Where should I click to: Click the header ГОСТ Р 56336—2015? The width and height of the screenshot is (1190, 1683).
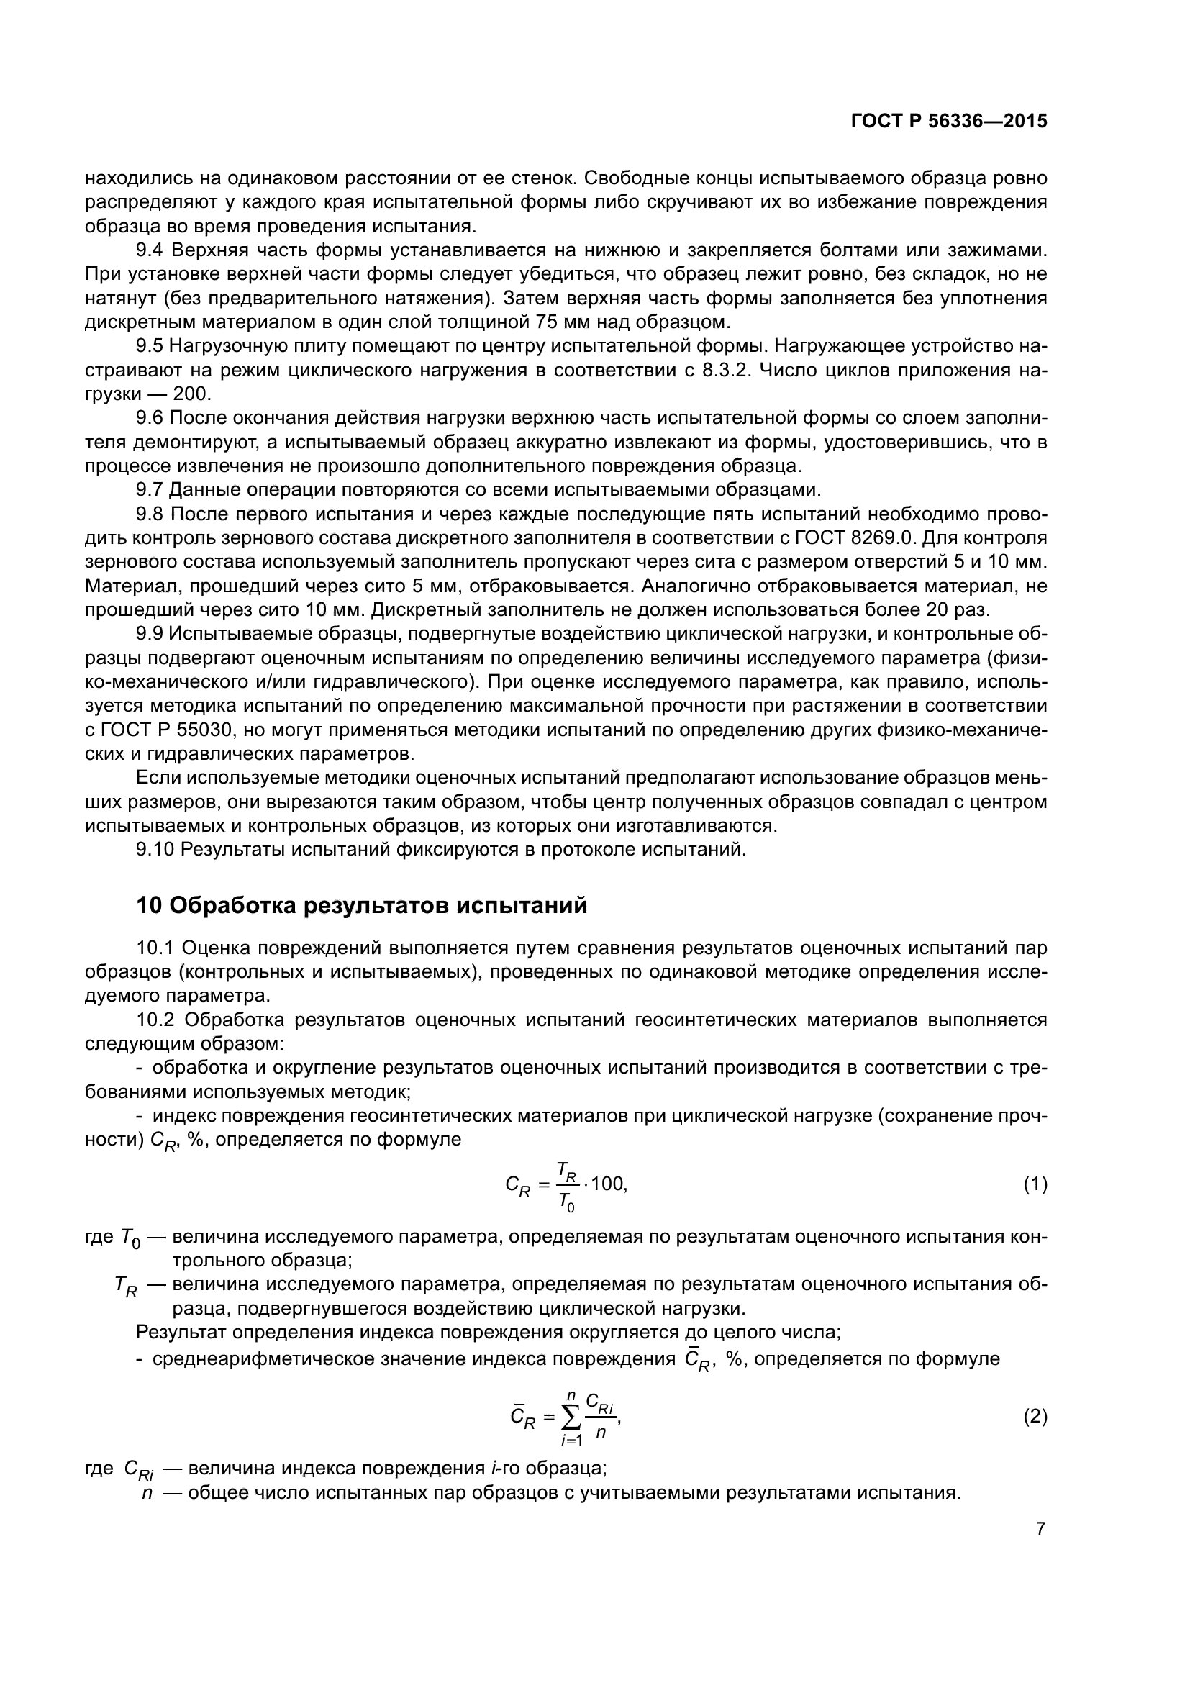point(949,122)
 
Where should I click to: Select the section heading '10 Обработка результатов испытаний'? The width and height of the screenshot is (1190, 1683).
point(362,906)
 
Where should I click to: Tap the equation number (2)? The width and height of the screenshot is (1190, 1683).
point(1035,1417)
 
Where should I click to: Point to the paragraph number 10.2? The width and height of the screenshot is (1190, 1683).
point(156,1020)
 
